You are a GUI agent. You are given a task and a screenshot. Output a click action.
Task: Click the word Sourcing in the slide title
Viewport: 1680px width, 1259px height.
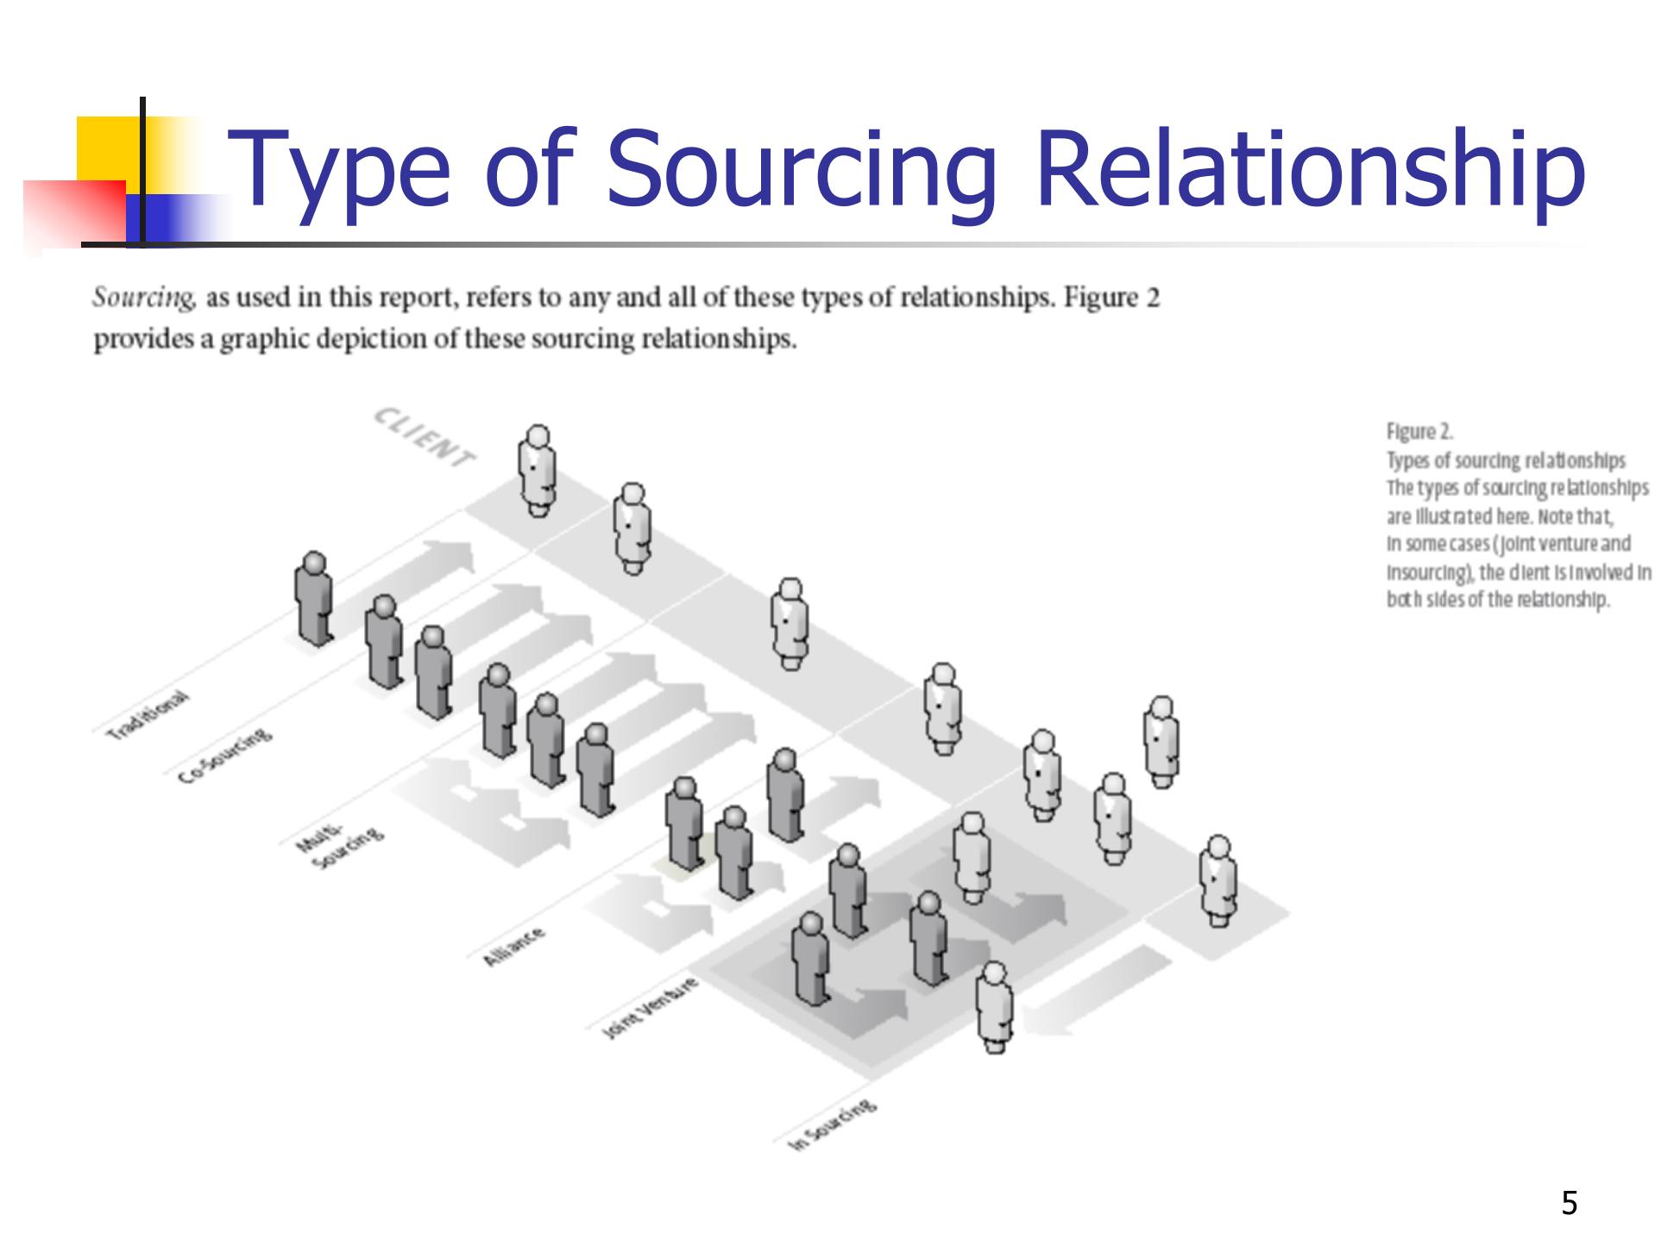tap(802, 170)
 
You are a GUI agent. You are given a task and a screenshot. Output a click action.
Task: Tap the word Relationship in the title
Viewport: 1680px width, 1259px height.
tap(1310, 170)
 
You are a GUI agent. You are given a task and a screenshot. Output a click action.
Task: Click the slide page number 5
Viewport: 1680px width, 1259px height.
tap(1569, 1203)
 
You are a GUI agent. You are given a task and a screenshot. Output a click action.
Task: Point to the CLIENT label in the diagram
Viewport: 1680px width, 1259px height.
tap(424, 437)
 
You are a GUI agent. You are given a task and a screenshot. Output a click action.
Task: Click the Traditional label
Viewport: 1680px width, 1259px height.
tap(146, 714)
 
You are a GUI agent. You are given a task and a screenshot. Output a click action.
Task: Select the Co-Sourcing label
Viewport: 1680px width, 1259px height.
tap(224, 756)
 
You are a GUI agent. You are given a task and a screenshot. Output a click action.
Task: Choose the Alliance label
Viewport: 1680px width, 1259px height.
tap(513, 946)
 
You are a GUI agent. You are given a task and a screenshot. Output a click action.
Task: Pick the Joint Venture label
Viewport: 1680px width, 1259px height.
tap(649, 1007)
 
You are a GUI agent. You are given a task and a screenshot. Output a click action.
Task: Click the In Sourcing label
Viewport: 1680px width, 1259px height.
tap(833, 1124)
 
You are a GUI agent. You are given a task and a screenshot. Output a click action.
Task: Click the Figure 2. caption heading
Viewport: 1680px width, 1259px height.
tap(1419, 431)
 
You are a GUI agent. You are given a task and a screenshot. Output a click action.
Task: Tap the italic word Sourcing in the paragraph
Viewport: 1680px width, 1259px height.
tap(143, 297)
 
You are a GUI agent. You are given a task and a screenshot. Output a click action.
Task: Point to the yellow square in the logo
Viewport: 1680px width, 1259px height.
tap(107, 147)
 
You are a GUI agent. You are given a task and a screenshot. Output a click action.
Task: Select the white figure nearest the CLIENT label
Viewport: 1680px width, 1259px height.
tap(538, 470)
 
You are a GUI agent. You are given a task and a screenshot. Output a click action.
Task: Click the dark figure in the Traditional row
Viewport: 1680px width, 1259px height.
tap(313, 598)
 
